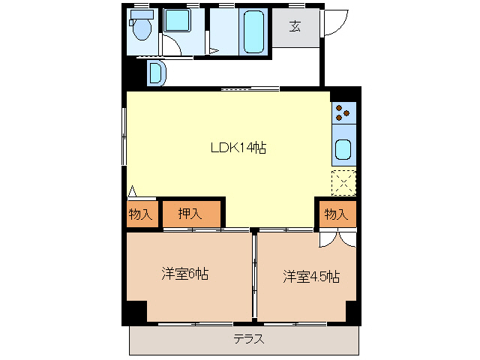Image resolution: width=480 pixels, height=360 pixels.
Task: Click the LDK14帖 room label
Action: pos(238,148)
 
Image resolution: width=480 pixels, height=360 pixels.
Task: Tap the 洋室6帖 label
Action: pos(184,274)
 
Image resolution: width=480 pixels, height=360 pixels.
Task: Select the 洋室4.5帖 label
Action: pos(311,277)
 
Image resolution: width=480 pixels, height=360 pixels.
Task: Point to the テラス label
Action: pos(248,338)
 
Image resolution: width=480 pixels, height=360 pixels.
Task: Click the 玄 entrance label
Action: pos(295,28)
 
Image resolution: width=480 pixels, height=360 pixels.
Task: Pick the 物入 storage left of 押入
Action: pos(140,214)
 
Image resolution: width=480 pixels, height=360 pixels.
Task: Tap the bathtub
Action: pos(253,31)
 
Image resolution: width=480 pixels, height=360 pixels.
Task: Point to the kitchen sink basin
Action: pos(343,150)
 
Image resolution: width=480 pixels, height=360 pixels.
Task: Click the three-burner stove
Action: pos(343,112)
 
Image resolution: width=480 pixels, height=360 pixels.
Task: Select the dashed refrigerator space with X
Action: pos(343,181)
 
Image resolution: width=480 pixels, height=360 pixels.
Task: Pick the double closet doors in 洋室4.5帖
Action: pos(336,238)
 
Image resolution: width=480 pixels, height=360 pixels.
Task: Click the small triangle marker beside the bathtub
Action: pos(214,51)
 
